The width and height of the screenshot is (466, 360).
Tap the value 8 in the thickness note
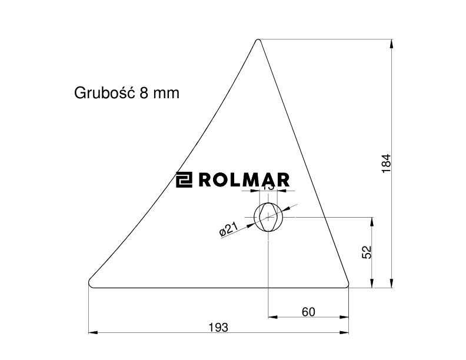tap(144, 93)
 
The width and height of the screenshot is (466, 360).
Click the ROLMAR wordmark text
tap(244, 180)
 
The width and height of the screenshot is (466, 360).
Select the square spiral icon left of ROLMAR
tap(185, 180)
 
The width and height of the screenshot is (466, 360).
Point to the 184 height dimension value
tap(386, 163)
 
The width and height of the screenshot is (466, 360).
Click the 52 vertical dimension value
tap(366, 252)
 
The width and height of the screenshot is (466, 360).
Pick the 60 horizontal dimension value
tap(308, 312)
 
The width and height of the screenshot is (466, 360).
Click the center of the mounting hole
tap(268, 217)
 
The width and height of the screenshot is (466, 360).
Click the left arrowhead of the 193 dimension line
tap(92, 333)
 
